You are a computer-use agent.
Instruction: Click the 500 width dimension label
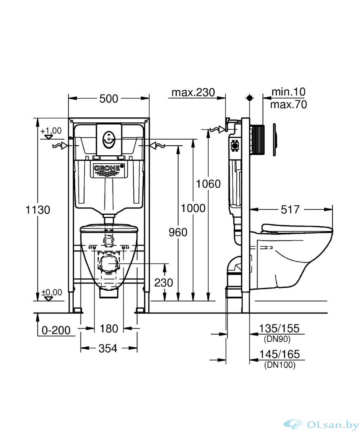pyautogui.click(x=109, y=98)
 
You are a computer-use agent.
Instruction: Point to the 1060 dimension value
pyautogui.click(x=208, y=184)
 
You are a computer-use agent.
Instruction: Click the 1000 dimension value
pyautogui.click(x=193, y=208)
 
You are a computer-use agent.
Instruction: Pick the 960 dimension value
pyautogui.click(x=177, y=232)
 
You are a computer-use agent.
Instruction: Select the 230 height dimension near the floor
pyautogui.click(x=163, y=282)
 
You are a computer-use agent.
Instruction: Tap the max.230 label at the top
pyautogui.click(x=193, y=92)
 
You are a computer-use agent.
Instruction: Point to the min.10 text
pyautogui.click(x=288, y=92)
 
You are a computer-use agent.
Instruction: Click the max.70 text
pyautogui.click(x=288, y=104)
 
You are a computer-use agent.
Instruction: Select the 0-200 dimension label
pyautogui.click(x=56, y=330)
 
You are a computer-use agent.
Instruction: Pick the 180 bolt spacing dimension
pyautogui.click(x=109, y=328)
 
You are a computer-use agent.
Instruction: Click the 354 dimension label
pyautogui.click(x=108, y=348)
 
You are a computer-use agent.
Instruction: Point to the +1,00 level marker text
pyautogui.click(x=51, y=130)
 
